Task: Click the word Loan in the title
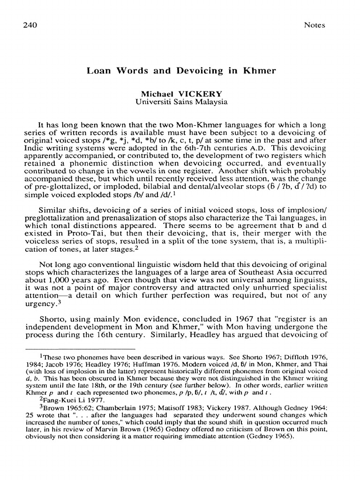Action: [100, 71]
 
